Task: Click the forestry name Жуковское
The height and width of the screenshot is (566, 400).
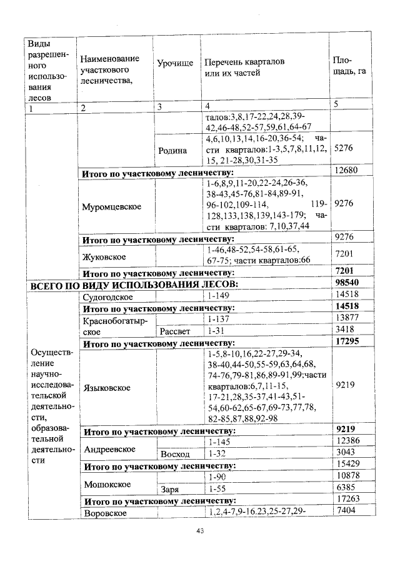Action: pos(104,256)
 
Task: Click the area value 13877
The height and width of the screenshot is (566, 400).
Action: pos(346,319)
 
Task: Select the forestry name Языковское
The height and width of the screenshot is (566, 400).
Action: pos(107,388)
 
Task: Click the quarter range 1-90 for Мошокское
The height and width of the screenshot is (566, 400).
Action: pos(216,477)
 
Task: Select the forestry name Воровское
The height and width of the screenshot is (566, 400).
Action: pos(104,513)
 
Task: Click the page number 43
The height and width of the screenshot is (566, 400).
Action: pos(200,531)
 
